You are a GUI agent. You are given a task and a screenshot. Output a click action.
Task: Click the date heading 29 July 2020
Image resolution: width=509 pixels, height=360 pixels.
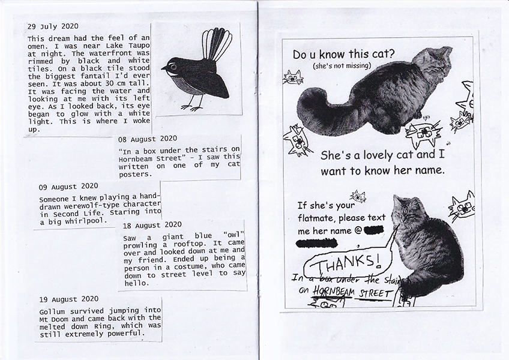click(x=53, y=27)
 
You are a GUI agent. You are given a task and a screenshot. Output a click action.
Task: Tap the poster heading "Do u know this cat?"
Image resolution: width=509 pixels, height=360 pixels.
click(x=343, y=55)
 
